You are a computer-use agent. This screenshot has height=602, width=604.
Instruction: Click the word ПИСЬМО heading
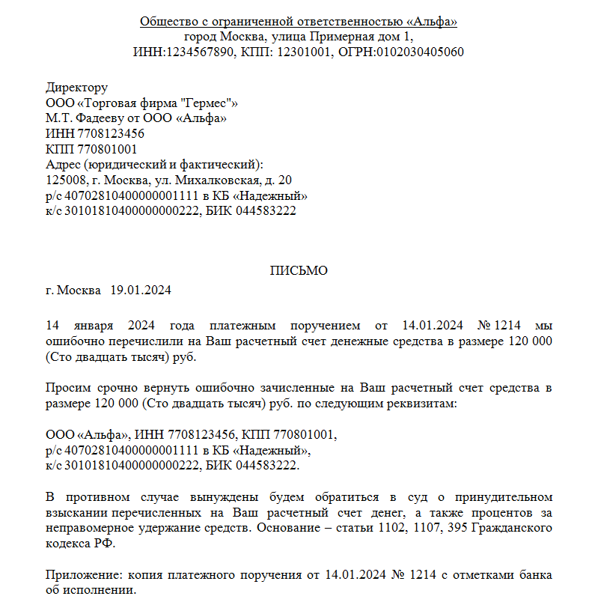(x=299, y=271)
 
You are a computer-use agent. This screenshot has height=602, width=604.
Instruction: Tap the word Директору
(x=77, y=88)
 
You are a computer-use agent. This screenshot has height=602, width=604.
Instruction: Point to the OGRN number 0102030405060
(x=420, y=52)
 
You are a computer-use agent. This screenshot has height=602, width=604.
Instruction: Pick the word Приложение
(x=81, y=575)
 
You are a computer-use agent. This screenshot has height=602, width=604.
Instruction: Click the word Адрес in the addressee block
(x=62, y=165)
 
